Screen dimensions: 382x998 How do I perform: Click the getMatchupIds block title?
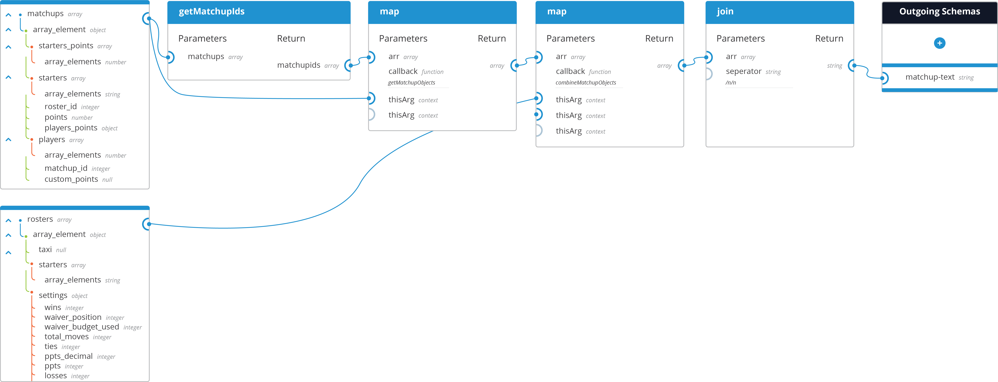click(212, 12)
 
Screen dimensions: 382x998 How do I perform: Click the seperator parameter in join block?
click(743, 71)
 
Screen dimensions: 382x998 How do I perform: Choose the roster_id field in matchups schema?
click(60, 106)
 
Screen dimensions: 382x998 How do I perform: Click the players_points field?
click(71, 128)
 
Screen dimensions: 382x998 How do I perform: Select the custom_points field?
click(71, 179)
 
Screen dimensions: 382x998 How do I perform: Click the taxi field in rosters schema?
click(45, 250)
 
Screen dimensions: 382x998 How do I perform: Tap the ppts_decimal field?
click(68, 356)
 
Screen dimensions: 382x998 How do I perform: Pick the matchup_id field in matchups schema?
click(66, 168)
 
